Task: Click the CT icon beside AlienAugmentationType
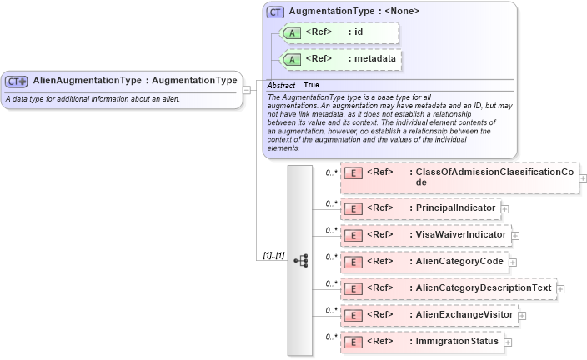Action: (x=17, y=82)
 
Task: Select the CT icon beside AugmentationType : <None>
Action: (x=275, y=12)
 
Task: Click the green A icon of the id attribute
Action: (x=292, y=32)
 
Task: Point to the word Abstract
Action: (x=280, y=85)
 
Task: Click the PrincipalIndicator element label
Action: (x=455, y=207)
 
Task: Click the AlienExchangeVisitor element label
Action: (x=463, y=314)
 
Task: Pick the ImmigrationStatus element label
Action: (x=457, y=341)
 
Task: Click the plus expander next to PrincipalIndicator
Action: (x=505, y=208)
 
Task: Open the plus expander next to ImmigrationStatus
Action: (x=508, y=342)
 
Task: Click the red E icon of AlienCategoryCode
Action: (x=353, y=262)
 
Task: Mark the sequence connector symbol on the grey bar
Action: (x=301, y=261)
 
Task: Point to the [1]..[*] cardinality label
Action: (x=274, y=256)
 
